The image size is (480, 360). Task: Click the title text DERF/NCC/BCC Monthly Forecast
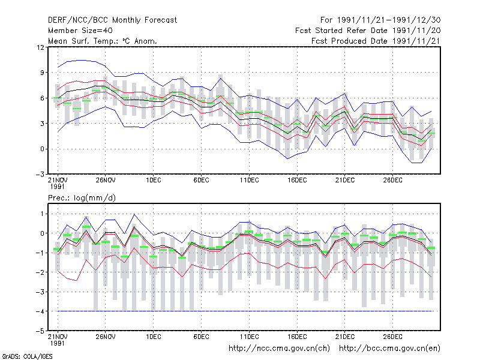(112, 20)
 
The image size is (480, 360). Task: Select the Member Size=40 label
(80, 31)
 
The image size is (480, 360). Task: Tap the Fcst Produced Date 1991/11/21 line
(376, 41)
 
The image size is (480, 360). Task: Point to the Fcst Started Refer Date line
(368, 31)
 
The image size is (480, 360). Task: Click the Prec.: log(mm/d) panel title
(82, 198)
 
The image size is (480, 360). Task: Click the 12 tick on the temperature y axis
(40, 47)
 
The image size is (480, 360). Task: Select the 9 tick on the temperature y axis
(42, 73)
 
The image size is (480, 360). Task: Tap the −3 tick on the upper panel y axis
(40, 175)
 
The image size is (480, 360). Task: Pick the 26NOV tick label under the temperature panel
(106, 180)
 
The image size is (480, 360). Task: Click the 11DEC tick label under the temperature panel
(249, 180)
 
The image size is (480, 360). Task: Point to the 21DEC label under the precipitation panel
(345, 337)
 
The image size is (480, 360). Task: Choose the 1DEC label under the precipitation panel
(154, 337)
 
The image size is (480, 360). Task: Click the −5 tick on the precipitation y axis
(40, 331)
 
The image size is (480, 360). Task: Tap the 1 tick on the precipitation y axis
(42, 214)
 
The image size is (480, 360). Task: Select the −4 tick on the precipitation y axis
(40, 311)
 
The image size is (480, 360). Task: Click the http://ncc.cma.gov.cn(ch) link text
(279, 349)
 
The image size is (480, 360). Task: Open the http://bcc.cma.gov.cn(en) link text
(389, 349)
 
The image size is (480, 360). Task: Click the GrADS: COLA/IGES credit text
(27, 356)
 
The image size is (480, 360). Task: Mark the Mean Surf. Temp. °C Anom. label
(103, 41)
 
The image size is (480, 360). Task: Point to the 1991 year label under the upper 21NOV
(57, 187)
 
